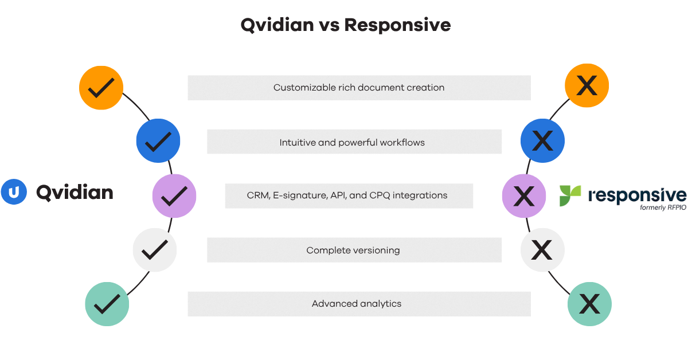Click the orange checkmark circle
pos(101,88)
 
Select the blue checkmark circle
pos(158,140)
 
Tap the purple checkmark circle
pos(174,196)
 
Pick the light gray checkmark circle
pos(155,249)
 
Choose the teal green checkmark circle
pos(107,304)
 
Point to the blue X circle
pos(542,140)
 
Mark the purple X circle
pos(524,196)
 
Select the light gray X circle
pos(542,249)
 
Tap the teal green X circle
pos(589,304)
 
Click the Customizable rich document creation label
pos(359,88)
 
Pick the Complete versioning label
pos(353,250)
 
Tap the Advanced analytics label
pos(357,304)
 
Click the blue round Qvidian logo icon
pos(14,192)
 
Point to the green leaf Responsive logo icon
pos(570,195)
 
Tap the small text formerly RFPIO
pos(662,208)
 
